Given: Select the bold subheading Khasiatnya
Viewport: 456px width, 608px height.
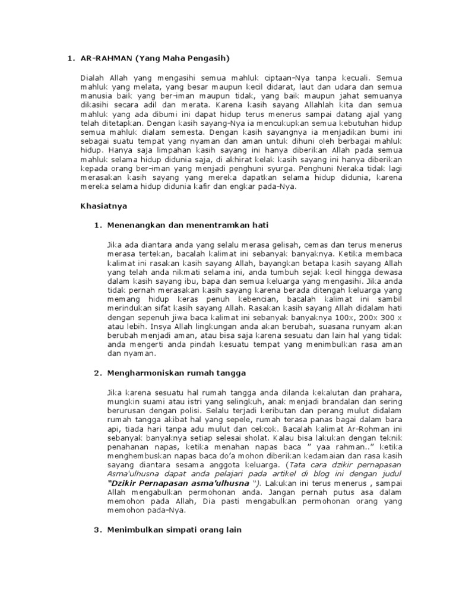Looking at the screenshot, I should point(103,206).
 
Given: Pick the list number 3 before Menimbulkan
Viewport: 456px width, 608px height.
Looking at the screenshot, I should point(97,530).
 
